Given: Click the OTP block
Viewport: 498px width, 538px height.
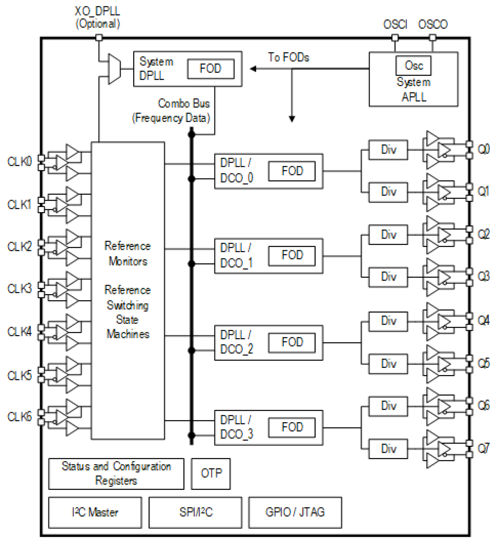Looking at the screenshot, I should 211,473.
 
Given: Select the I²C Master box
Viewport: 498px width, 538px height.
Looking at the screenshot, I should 95,512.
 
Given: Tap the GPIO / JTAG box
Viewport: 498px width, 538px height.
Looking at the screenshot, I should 295,512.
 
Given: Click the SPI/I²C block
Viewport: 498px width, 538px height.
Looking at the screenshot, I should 195,512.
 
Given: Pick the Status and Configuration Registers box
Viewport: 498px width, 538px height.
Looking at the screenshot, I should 116,473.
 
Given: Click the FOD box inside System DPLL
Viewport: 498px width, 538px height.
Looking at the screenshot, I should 211,69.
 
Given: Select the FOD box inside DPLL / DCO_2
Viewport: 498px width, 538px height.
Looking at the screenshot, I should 292,342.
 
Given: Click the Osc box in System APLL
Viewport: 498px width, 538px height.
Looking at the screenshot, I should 413,65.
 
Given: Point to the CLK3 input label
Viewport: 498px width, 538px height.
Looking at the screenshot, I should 19,289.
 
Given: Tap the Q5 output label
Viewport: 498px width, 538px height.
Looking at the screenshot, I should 483,363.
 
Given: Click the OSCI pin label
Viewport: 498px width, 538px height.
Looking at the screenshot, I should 395,25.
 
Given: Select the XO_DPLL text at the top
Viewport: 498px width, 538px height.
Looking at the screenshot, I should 97,11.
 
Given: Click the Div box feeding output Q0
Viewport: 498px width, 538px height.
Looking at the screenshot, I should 388,149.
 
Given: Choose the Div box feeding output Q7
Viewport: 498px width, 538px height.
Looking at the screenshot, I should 388,449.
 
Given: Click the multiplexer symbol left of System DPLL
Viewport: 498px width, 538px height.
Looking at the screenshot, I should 114,69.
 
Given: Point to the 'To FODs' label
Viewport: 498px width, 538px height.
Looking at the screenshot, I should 288,57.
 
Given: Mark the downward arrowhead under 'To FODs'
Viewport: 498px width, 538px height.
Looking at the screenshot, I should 292,119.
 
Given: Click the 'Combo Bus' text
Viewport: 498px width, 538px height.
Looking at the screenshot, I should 184,103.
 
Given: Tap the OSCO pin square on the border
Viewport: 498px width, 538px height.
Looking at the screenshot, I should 433,38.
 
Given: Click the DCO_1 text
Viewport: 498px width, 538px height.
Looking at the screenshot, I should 236,263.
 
